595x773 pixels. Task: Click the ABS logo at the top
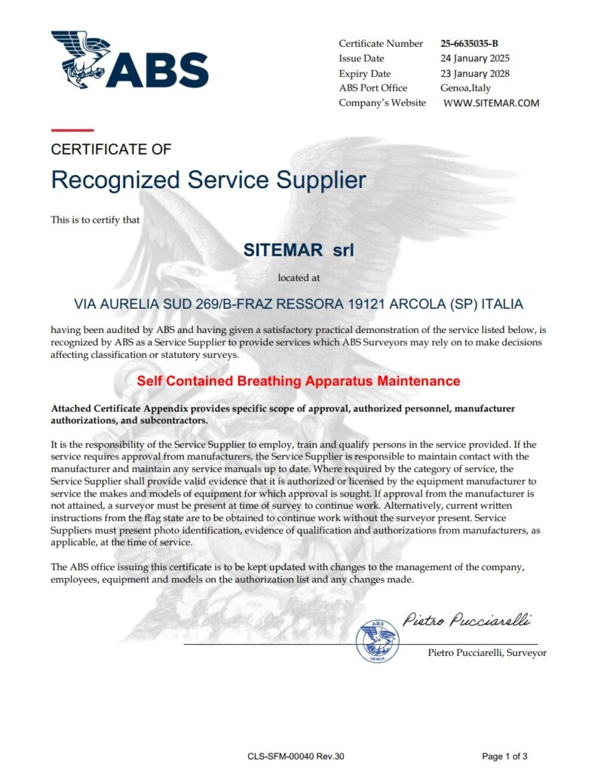[x=129, y=60]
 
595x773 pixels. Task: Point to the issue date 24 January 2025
[x=474, y=59]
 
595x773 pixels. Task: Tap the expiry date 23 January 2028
[x=475, y=74]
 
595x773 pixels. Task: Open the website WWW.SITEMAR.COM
[x=491, y=103]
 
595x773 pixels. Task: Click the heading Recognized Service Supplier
[x=208, y=180]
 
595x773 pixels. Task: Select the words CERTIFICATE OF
[x=111, y=149]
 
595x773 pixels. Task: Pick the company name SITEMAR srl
[x=298, y=249]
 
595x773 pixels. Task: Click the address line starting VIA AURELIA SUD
[x=298, y=304]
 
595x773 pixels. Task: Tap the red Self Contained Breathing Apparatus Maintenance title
[x=298, y=380]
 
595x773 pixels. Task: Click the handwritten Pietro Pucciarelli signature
[x=466, y=621]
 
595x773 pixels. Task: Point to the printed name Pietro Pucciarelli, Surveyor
[x=486, y=652]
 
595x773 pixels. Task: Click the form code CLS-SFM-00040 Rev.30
[x=296, y=756]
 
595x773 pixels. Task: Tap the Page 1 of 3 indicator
[x=505, y=756]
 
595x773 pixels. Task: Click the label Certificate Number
[x=382, y=44]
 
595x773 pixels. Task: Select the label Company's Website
[x=382, y=103]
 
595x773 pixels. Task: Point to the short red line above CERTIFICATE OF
[x=72, y=131]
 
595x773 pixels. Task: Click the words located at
[x=299, y=277]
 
